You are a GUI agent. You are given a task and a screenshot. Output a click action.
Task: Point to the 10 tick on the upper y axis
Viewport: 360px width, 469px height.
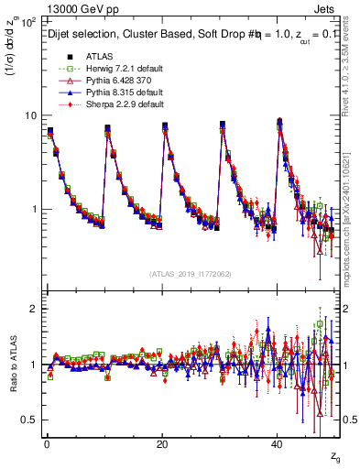(x=30, y=116)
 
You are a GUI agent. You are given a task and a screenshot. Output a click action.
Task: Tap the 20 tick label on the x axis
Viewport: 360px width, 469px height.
(x=161, y=443)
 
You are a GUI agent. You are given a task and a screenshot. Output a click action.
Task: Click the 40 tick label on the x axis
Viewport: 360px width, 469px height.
(x=277, y=443)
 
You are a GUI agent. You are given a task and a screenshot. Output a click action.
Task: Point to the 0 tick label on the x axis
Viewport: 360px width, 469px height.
(x=46, y=443)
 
